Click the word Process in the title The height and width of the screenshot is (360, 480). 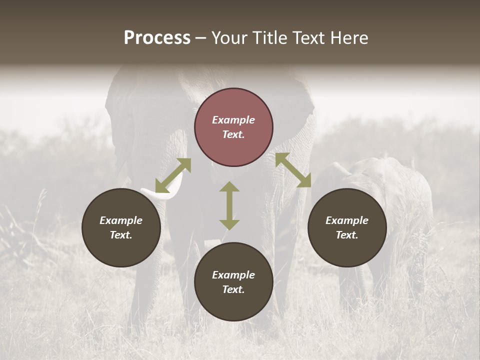tap(157, 38)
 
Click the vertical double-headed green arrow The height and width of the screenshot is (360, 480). tap(229, 205)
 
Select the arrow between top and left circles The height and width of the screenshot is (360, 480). tap(173, 175)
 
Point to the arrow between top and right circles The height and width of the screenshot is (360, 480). tap(293, 170)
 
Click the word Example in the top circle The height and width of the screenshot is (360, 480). tap(233, 120)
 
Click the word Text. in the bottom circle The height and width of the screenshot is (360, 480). tap(233, 289)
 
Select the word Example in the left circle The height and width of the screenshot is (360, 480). tap(121, 220)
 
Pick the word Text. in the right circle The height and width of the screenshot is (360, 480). tap(347, 235)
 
